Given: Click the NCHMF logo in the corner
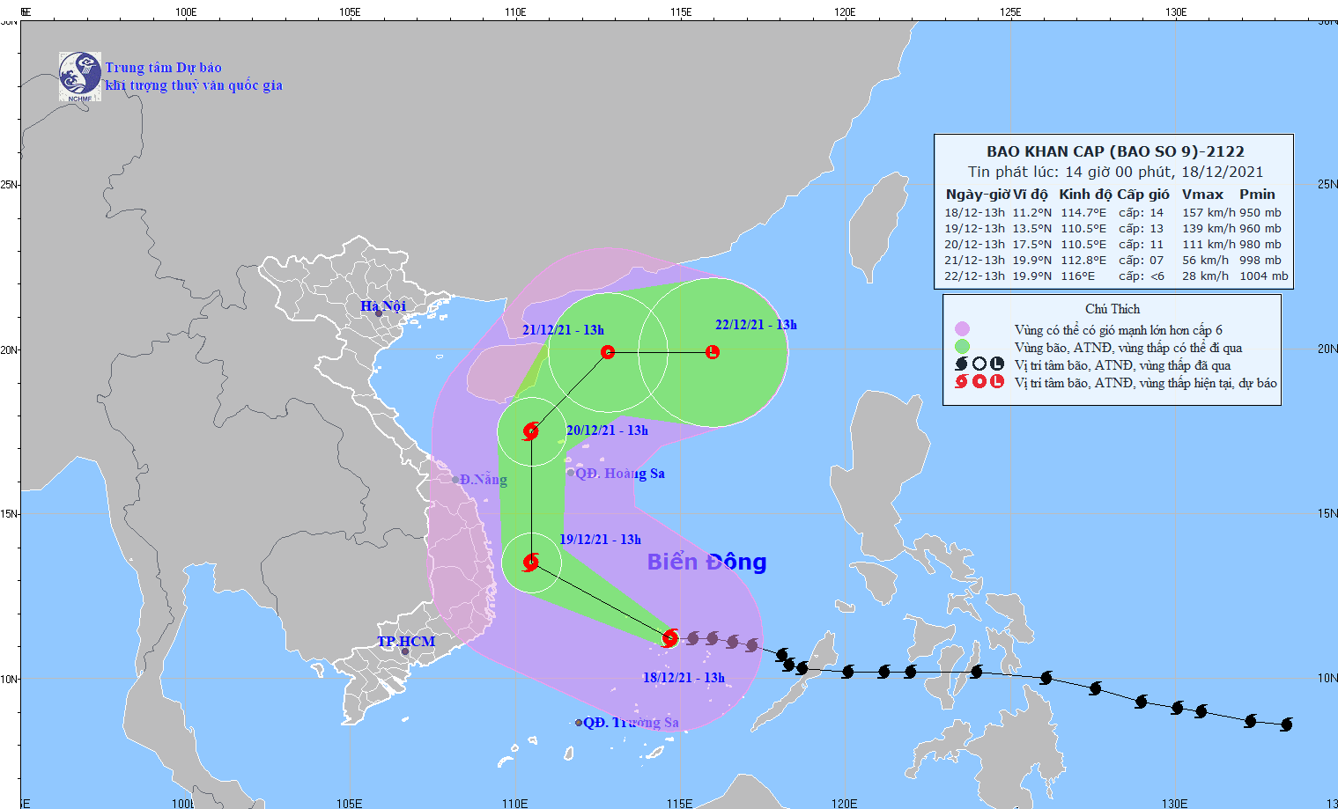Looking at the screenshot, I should pos(79,76).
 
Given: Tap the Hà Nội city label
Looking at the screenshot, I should pos(383,305).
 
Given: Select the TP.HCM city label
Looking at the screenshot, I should pos(406,641).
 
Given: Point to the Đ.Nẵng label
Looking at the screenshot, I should pos(483,479).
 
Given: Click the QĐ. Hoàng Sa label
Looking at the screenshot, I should pos(619,474).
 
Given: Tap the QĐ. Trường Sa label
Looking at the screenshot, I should pos(631,723).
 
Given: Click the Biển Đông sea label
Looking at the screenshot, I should pos(706,562).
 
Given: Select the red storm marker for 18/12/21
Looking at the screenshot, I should pos(670,637).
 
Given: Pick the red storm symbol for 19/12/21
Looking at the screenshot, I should pos(531,562).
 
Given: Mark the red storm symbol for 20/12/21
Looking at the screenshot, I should pos(531,431).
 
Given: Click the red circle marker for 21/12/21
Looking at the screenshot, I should pos(608,352).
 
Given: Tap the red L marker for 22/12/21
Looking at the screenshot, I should pos(713,352).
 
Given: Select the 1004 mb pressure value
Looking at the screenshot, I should pos(1263,276).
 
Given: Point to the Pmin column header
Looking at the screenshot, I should pos(1257,195).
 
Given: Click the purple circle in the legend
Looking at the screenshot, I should pos(962,329).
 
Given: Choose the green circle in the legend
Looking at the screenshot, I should pos(962,347).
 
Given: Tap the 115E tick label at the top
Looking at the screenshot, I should pos(680,11).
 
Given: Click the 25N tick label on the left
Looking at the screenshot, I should pos(9,184).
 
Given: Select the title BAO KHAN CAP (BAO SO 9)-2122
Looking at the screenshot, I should pos(1115,151).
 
